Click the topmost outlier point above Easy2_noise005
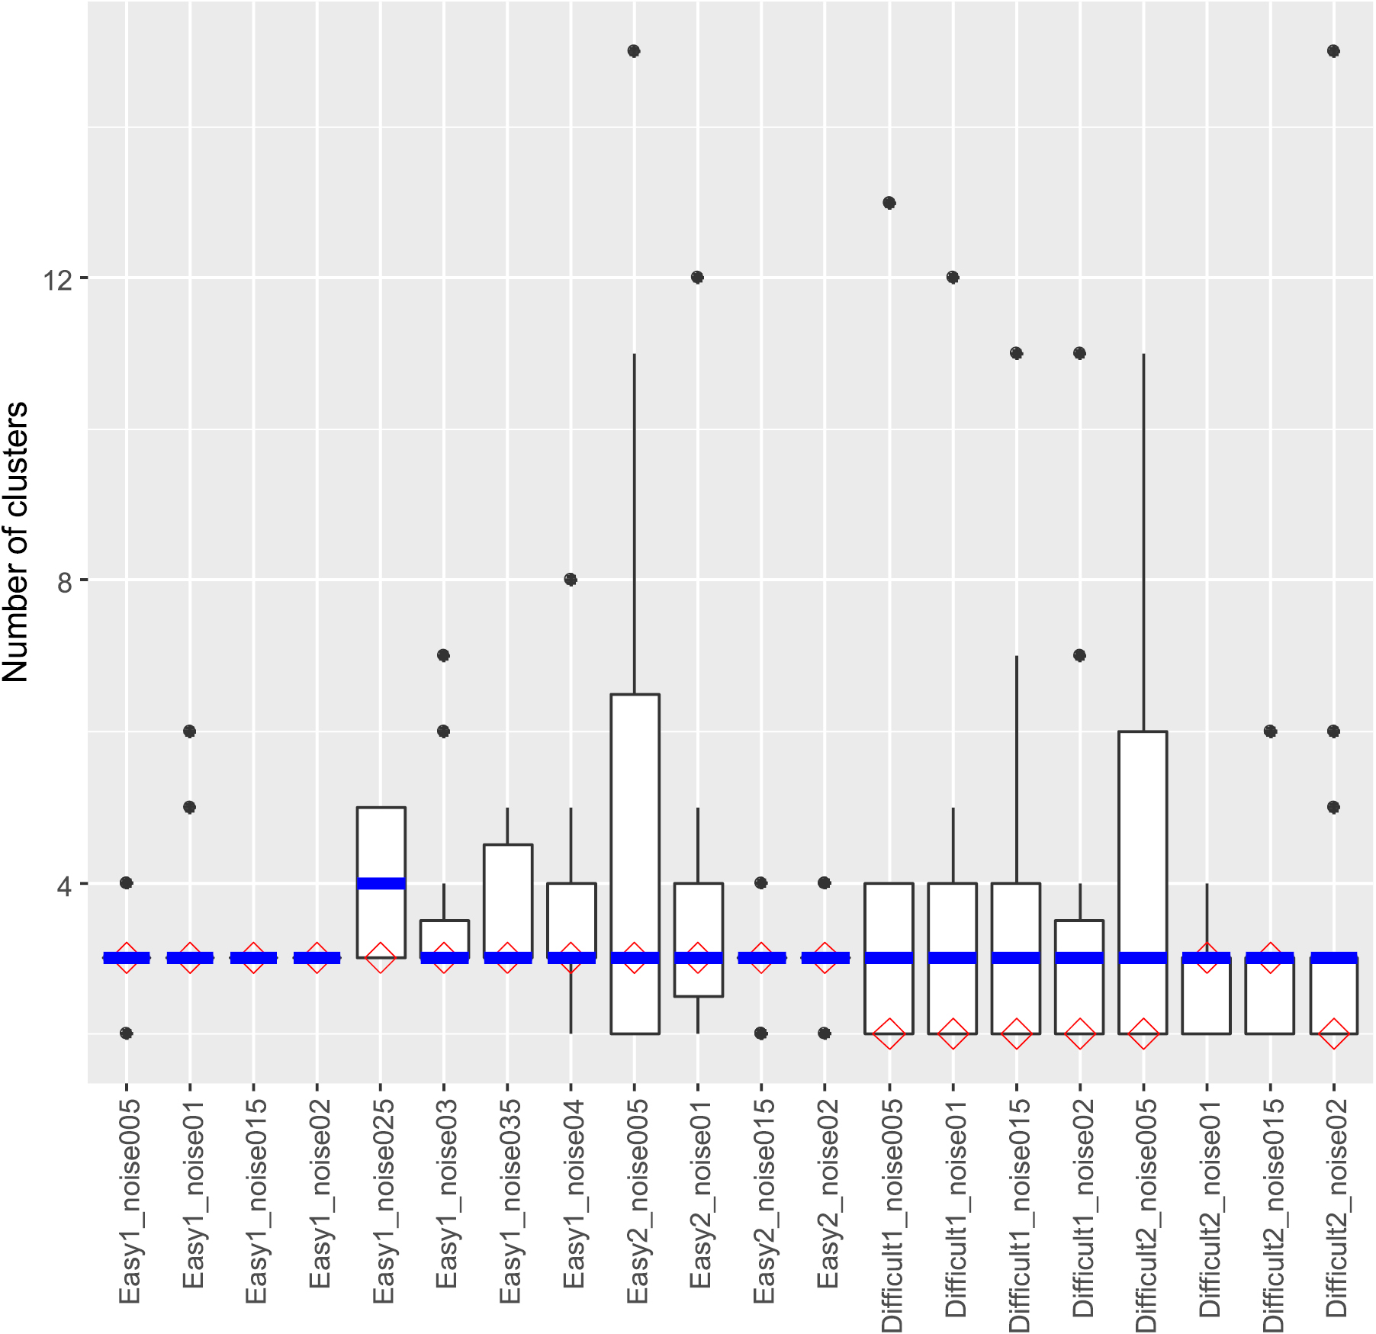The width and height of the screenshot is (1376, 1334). [634, 51]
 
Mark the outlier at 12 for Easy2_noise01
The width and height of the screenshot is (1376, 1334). [697, 278]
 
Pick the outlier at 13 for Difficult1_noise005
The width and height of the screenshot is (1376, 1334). [889, 203]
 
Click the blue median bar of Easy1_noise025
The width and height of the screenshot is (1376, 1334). [381, 883]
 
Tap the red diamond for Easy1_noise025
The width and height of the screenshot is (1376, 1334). [381, 958]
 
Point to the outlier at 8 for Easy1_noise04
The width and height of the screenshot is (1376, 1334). [571, 580]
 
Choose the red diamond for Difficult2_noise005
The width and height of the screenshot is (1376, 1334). [1143, 1033]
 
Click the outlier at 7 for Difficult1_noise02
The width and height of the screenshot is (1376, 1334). [1079, 655]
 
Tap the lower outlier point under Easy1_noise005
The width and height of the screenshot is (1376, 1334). [127, 1033]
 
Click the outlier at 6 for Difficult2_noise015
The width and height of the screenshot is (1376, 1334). [1270, 731]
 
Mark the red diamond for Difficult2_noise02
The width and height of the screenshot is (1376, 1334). [1333, 1033]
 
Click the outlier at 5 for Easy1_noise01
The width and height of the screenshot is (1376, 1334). [190, 807]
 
